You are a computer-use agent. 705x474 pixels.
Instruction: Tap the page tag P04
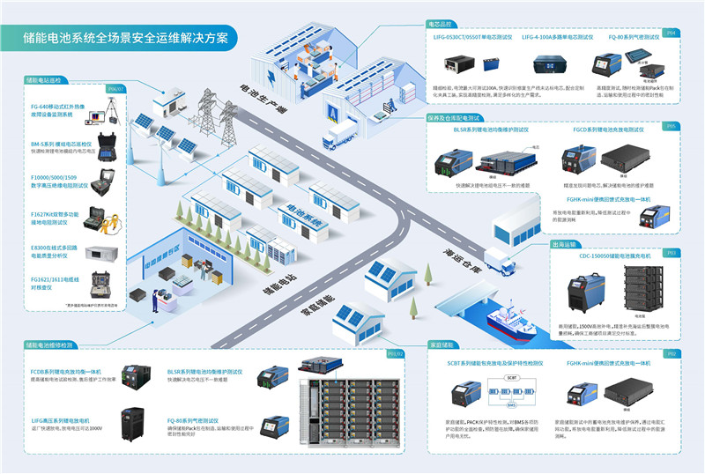(672, 33)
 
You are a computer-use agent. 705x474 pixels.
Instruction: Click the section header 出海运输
(564, 245)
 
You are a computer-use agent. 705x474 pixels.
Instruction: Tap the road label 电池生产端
(263, 101)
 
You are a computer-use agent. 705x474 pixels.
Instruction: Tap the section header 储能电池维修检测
(50, 344)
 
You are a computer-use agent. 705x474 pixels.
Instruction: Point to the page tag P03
(672, 253)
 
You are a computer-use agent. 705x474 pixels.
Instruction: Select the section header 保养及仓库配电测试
(454, 117)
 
